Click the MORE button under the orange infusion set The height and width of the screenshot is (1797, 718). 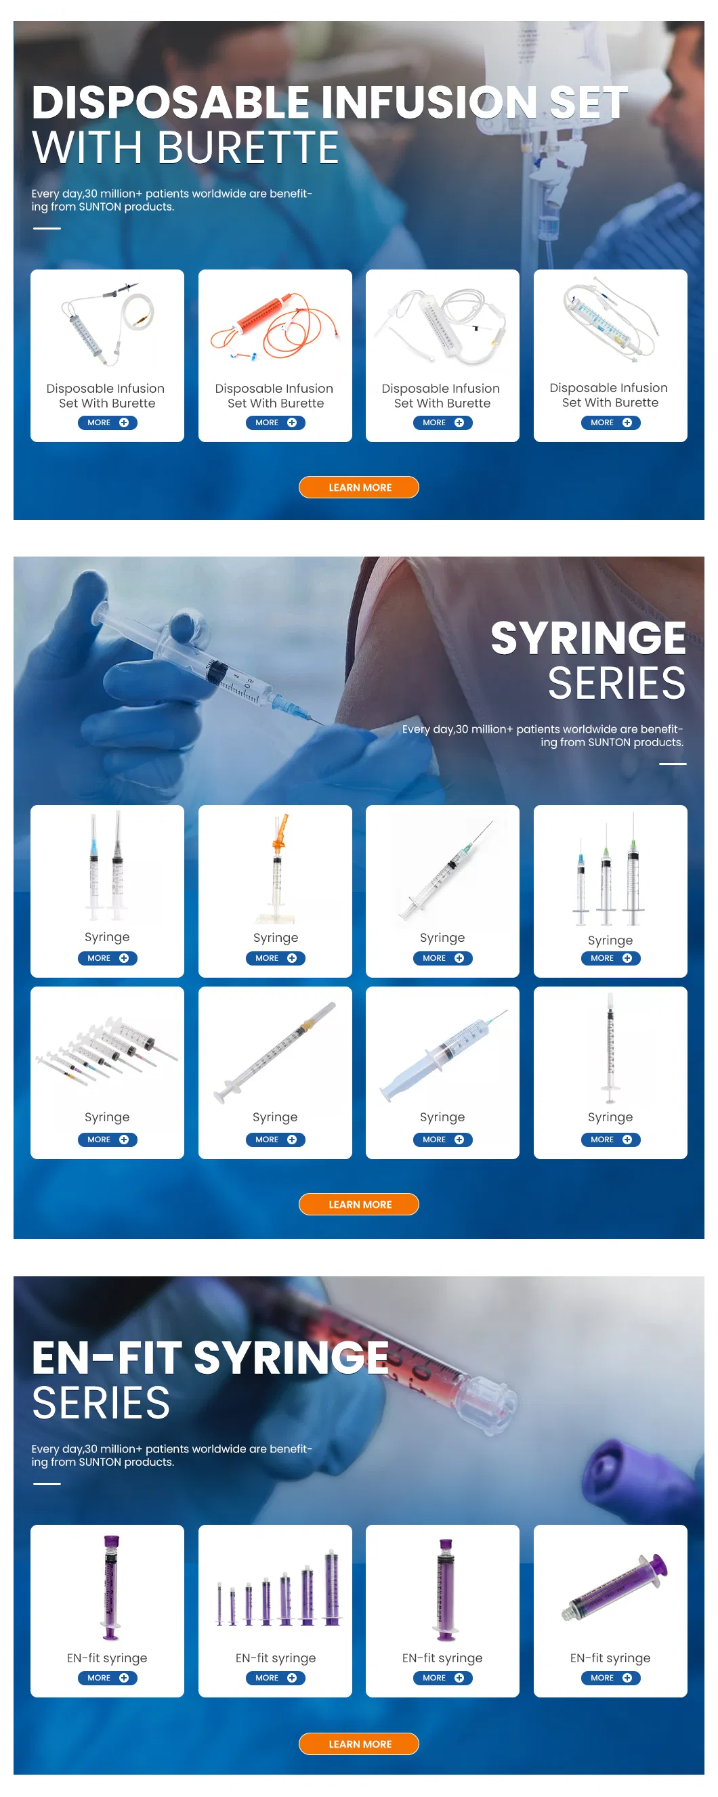pyautogui.click(x=275, y=423)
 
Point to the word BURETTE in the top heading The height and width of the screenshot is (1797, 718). pyautogui.click(x=248, y=148)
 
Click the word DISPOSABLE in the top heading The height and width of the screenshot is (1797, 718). pyautogui.click(x=171, y=102)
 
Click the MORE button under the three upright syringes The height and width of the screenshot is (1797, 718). pyautogui.click(x=610, y=959)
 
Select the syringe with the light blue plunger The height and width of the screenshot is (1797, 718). pyautogui.click(x=442, y=1054)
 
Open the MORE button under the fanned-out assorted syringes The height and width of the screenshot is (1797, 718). pyautogui.click(x=107, y=1140)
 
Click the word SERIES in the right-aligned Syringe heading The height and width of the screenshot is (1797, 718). pyautogui.click(x=616, y=684)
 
